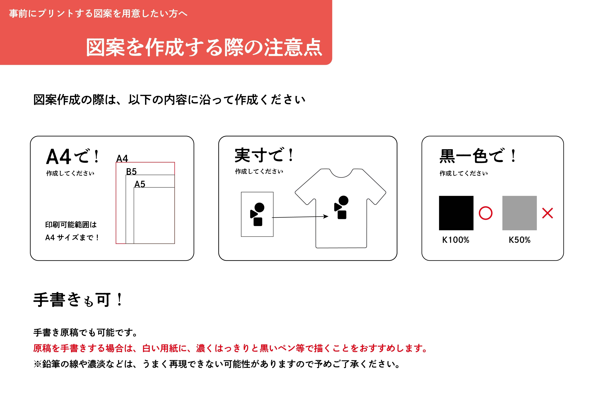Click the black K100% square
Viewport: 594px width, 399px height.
tap(456, 213)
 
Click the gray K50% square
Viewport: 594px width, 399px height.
tap(519, 213)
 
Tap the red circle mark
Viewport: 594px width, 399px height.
tap(485, 213)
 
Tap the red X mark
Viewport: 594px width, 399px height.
tap(547, 213)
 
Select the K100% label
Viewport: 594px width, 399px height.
tap(456, 240)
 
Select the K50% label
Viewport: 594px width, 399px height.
tap(520, 240)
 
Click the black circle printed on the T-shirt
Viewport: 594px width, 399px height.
tap(344, 200)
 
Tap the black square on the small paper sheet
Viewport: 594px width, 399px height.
tap(258, 222)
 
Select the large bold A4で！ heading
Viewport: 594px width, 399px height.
tap(73, 156)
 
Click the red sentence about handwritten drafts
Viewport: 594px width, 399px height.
tap(230, 348)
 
